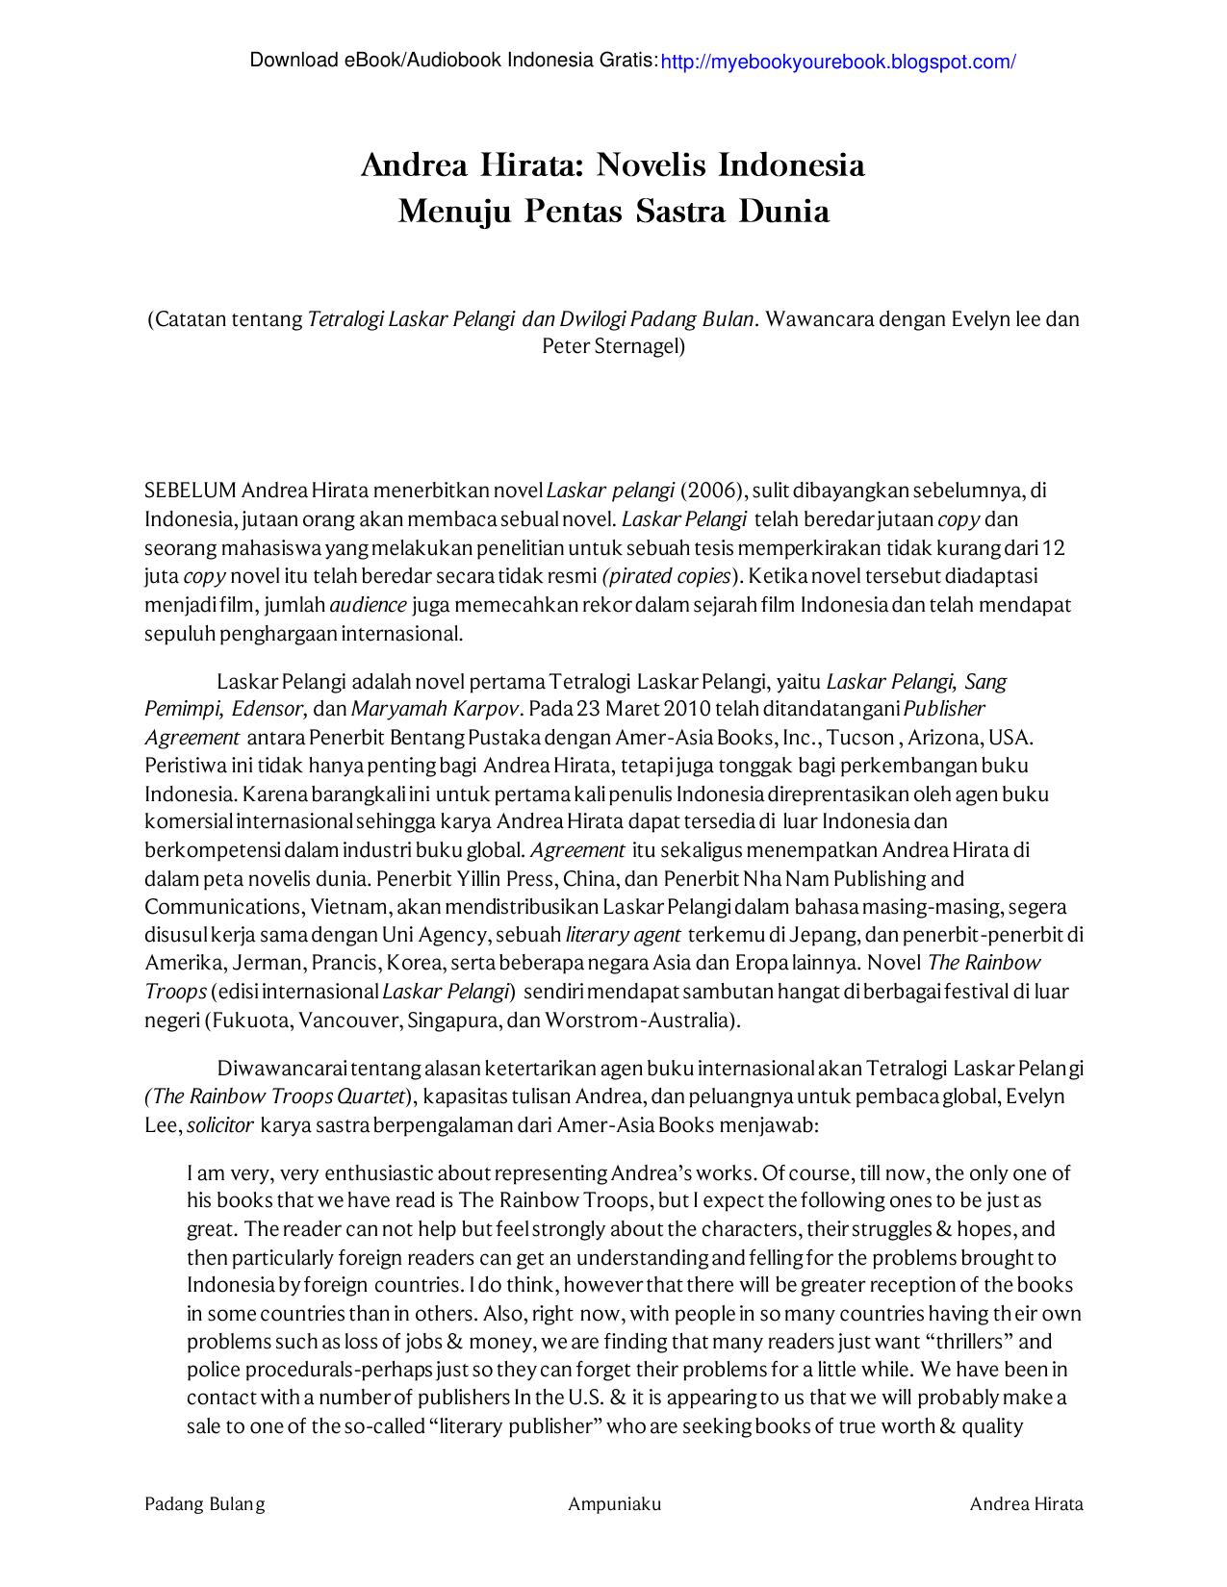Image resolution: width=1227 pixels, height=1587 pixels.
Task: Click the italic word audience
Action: pos(369,606)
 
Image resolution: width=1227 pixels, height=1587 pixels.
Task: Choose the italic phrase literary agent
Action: pos(624,935)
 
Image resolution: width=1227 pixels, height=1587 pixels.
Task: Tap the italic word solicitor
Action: pos(220,1124)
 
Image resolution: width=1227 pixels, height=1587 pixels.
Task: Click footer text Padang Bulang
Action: pos(205,1504)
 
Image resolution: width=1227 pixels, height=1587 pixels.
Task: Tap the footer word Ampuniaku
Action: pos(614,1504)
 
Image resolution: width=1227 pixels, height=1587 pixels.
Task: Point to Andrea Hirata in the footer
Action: pos(1026,1504)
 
